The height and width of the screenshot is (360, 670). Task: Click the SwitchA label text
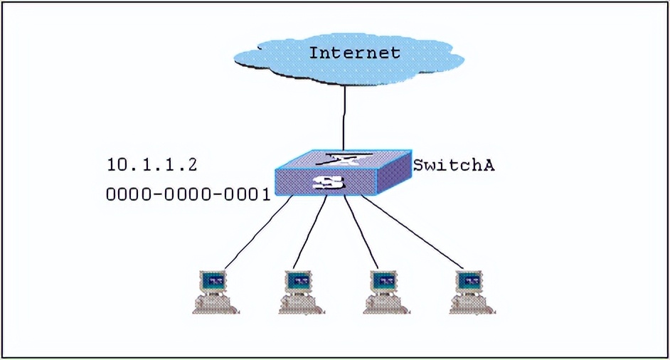tap(454, 166)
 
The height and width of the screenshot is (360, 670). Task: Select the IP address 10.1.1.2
tap(151, 165)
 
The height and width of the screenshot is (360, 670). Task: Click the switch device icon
tap(343, 174)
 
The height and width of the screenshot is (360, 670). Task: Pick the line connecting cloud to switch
tap(344, 117)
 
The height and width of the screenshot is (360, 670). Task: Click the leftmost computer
tap(213, 292)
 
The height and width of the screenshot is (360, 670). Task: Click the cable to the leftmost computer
tap(256, 235)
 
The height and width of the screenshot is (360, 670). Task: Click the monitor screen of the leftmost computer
tap(212, 281)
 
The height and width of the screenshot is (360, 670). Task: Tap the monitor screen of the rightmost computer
tap(470, 281)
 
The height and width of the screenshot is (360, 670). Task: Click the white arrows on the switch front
tap(329, 184)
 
